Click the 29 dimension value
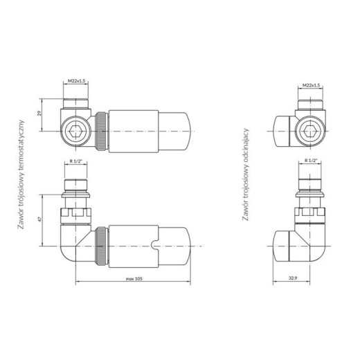[39, 113]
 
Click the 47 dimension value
[39, 219]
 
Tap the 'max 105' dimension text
[134, 279]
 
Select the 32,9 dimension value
[293, 278]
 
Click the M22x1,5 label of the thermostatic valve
[76, 81]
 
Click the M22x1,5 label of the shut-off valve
[311, 85]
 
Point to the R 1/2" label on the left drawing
[76, 161]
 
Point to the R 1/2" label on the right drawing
[311, 161]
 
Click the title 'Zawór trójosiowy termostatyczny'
[21, 174]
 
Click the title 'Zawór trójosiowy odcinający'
[246, 174]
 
